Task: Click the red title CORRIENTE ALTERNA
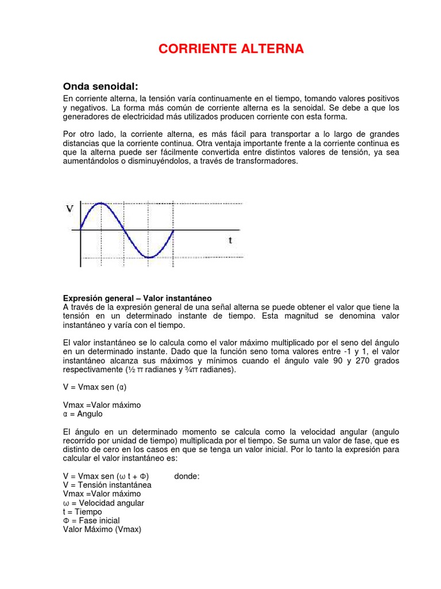pos(231,49)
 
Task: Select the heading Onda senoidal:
pos(100,86)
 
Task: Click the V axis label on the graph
pos(70,209)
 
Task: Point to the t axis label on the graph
pos(230,240)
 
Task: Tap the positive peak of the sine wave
pos(101,203)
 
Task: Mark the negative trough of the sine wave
pos(149,257)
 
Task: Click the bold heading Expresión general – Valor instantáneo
pos(137,299)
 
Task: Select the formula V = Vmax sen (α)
pos(94,387)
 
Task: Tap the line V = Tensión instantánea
pos(107,485)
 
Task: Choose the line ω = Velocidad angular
pos(103,503)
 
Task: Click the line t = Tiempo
pos(82,511)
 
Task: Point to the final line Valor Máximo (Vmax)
pos(102,529)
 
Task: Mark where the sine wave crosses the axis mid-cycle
pos(125,230)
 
